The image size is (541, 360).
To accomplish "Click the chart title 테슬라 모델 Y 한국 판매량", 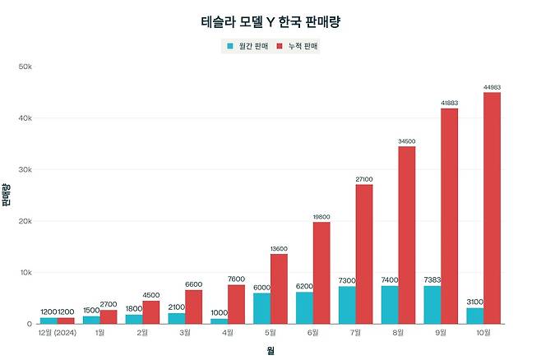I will pos(270,22).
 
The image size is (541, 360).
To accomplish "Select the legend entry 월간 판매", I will pos(249,46).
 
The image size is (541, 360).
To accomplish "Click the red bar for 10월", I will pos(492,208).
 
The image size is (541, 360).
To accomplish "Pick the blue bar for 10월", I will pos(474,316).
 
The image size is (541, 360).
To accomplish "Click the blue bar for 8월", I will pos(390,305).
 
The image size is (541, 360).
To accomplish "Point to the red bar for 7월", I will pos(363,254).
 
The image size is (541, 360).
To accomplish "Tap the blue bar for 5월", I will pos(261,308).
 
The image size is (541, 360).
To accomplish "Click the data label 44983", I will pos(492,87).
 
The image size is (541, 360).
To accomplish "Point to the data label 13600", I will pos(279,248).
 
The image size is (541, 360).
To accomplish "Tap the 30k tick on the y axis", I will pos(25,169).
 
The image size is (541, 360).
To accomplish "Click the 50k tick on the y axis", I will pos(25,67).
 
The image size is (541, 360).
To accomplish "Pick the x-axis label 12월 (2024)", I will pos(58,333).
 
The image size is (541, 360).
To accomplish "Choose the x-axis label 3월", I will pos(185,333).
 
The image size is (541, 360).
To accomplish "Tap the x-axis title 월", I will pos(270,351).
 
